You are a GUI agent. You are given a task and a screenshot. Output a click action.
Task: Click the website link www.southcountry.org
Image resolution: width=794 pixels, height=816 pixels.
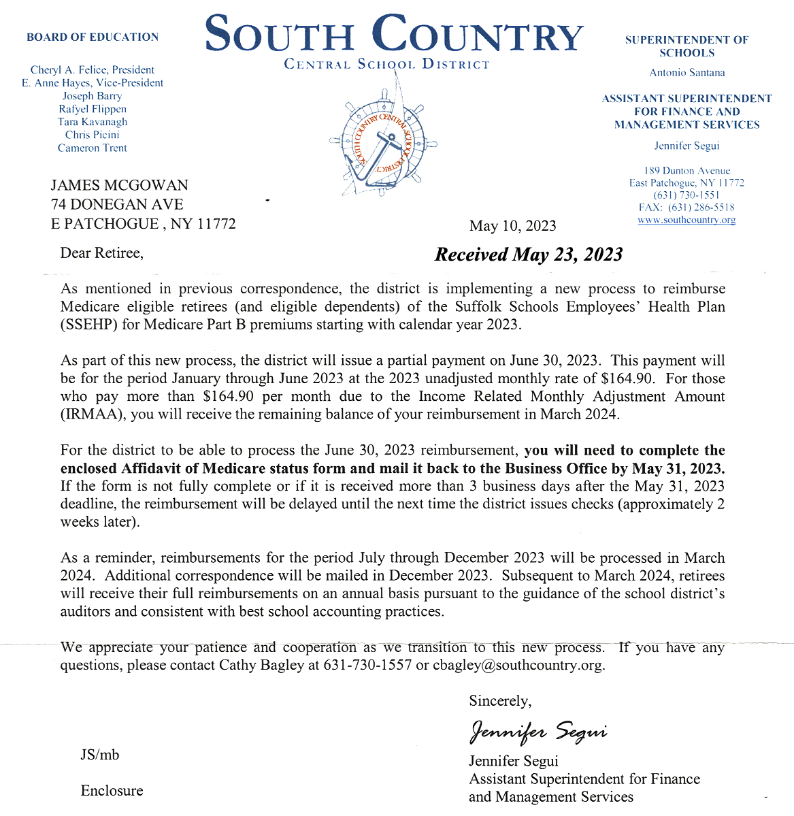pyautogui.click(x=687, y=220)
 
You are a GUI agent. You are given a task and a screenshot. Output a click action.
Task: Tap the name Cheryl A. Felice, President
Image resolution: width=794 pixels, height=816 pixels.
pyautogui.click(x=93, y=69)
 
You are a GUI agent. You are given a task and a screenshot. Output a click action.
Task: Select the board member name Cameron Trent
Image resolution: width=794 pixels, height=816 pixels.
pyautogui.click(x=93, y=148)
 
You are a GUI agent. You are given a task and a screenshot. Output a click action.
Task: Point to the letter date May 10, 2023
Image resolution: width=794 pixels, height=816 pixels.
pyautogui.click(x=512, y=226)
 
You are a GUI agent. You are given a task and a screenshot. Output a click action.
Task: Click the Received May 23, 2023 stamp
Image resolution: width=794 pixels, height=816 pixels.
pyautogui.click(x=529, y=255)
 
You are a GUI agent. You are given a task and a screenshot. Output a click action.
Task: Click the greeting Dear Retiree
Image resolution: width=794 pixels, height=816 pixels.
pyautogui.click(x=102, y=253)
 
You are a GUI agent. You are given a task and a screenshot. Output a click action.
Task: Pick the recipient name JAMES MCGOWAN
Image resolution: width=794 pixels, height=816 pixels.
pyautogui.click(x=120, y=185)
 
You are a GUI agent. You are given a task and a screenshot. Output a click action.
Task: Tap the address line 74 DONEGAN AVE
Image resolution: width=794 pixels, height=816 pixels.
pyautogui.click(x=117, y=204)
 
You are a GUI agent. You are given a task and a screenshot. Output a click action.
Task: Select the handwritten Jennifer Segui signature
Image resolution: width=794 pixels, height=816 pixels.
pyautogui.click(x=537, y=731)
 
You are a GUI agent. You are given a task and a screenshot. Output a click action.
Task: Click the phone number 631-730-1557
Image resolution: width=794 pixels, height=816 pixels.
pyautogui.click(x=367, y=665)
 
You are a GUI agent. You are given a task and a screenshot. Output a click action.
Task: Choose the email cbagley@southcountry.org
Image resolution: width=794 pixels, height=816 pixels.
pyautogui.click(x=518, y=665)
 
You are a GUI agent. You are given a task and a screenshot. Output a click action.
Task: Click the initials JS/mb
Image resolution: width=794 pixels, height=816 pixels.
pyautogui.click(x=100, y=754)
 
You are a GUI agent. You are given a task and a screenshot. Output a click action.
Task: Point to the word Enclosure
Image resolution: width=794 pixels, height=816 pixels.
pyautogui.click(x=112, y=790)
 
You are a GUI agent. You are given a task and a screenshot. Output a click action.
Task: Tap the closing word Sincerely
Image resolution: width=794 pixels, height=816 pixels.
pyautogui.click(x=500, y=701)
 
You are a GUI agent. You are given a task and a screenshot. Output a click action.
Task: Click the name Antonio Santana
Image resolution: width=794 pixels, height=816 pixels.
pyautogui.click(x=687, y=73)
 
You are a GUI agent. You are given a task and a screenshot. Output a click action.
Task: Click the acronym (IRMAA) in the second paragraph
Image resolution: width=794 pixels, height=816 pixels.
pyautogui.click(x=92, y=414)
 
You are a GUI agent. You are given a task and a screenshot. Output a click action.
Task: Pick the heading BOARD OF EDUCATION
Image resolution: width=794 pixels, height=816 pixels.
pyautogui.click(x=93, y=37)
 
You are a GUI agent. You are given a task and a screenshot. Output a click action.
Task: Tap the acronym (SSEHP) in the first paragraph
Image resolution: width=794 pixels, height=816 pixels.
pyautogui.click(x=90, y=324)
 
